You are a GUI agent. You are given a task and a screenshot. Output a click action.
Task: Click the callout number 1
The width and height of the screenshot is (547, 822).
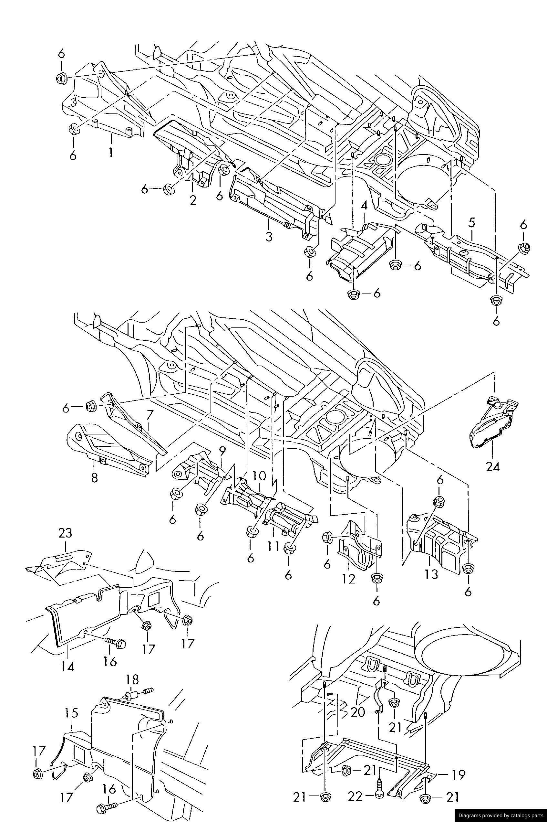pos(110,153)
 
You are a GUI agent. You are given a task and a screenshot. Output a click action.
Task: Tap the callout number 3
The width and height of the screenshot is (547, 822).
pos(269,236)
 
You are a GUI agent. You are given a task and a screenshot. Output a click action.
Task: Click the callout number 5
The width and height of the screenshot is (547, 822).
pos(472,222)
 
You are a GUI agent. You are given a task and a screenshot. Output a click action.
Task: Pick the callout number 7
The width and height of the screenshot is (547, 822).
pos(149,416)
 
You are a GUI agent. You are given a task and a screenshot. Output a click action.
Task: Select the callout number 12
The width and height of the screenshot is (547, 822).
pos(348,579)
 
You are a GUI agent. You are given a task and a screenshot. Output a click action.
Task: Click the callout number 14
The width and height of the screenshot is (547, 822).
pos(68,666)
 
